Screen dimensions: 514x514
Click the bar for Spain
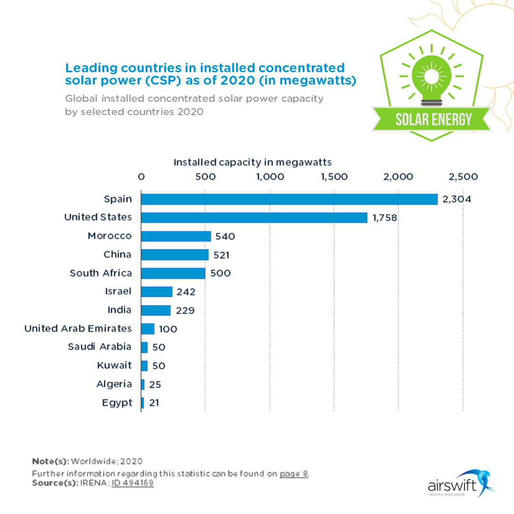289,199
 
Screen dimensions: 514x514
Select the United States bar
254,218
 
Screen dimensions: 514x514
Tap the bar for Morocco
176,237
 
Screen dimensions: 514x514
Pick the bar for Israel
157,292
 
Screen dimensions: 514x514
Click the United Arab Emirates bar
148,329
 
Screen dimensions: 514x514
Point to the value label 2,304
456,199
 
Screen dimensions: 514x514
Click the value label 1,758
385,218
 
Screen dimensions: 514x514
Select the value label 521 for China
221,255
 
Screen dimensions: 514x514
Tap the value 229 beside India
185,310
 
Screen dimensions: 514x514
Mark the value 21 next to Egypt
154,403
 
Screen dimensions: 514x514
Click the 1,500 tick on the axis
334,177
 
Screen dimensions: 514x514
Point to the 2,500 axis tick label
463,177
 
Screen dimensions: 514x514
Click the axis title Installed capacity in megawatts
252,162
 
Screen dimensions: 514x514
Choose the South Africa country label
100,273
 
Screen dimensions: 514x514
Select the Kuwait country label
114,366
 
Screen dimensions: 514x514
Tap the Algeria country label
114,384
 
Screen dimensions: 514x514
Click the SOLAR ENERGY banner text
434,119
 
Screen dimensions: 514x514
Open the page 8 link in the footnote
294,474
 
